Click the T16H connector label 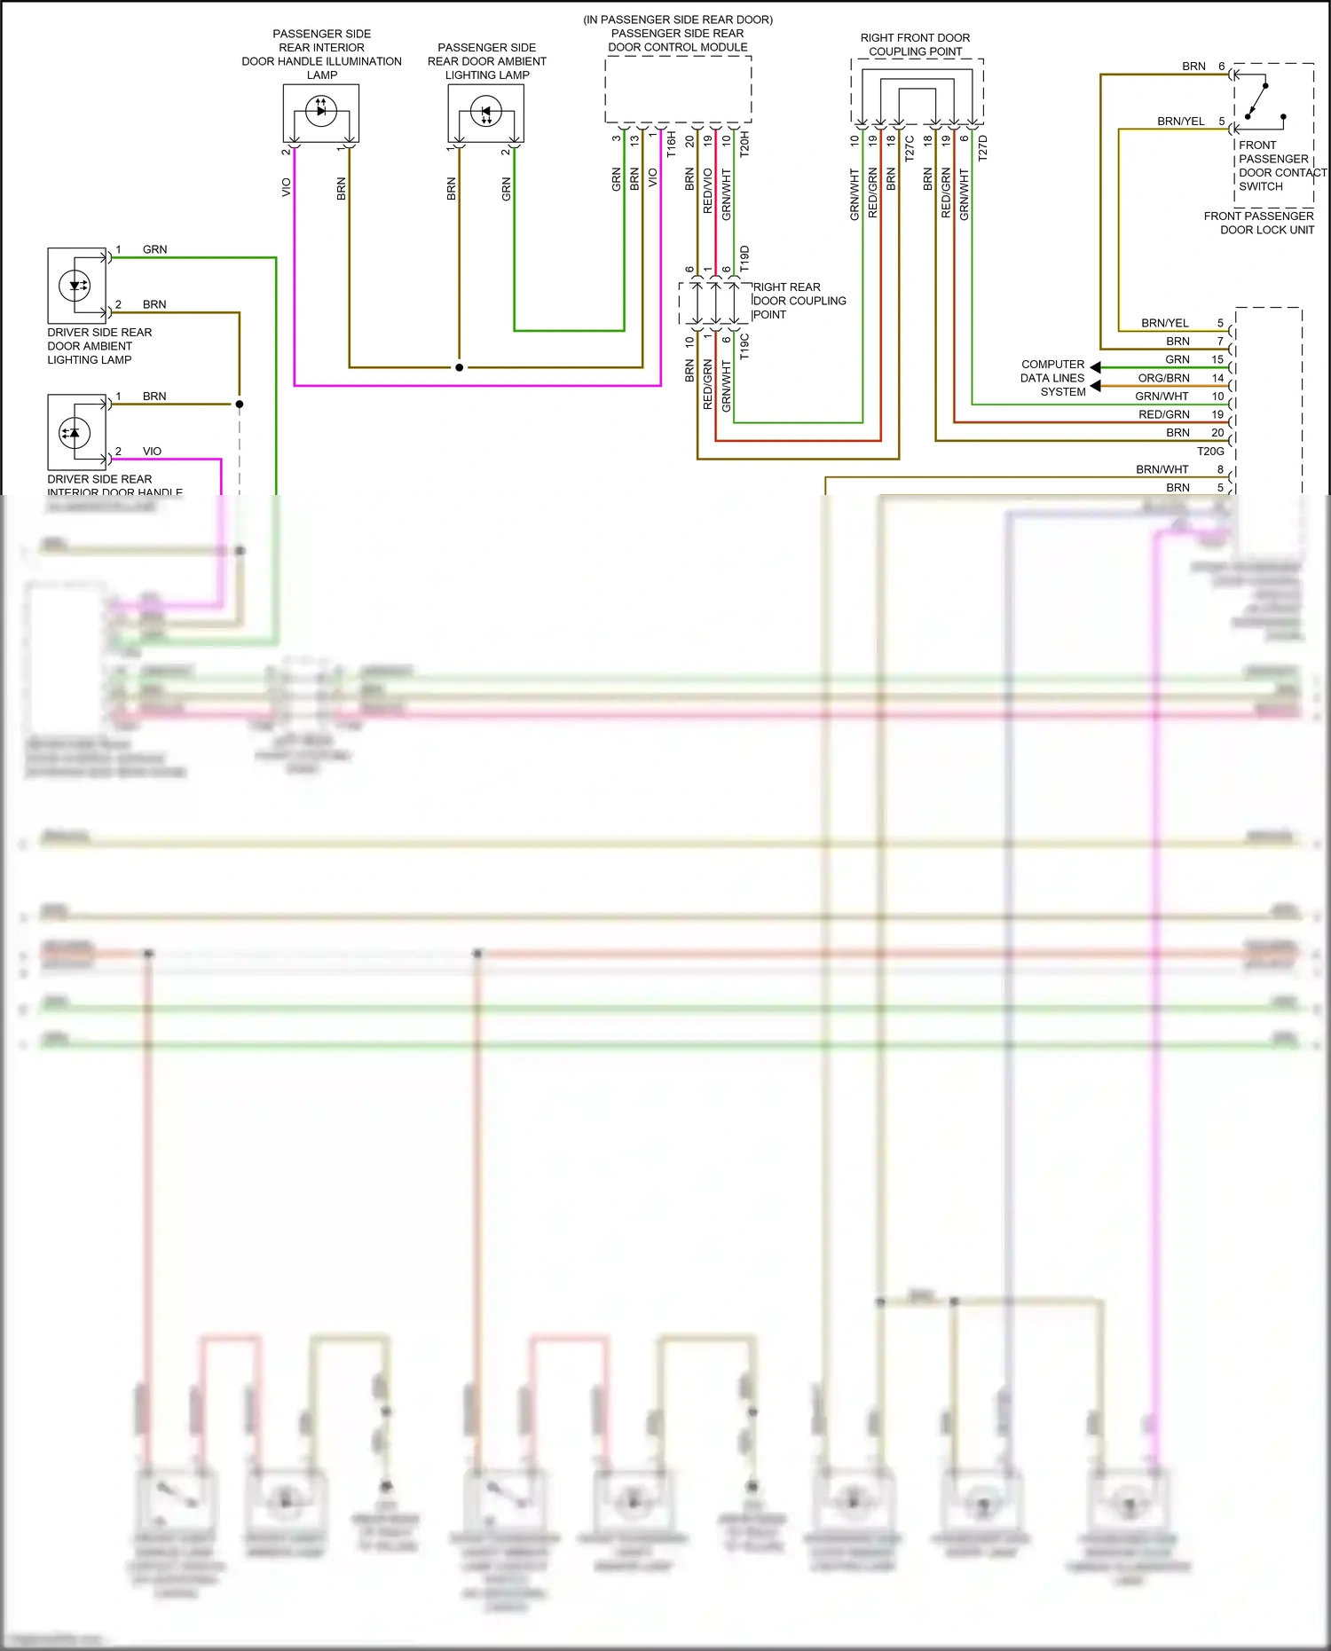(x=671, y=144)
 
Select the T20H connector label (x=744, y=144)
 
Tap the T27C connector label (x=910, y=147)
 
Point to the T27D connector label (x=982, y=147)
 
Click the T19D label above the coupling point (x=744, y=258)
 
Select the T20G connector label (x=1210, y=451)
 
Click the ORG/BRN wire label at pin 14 (x=1163, y=378)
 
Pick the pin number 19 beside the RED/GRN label (x=1217, y=414)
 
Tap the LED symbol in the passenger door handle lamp (x=320, y=111)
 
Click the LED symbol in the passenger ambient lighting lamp (x=485, y=113)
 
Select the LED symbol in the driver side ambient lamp (x=75, y=285)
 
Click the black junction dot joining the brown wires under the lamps (x=459, y=367)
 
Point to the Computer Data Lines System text (x=1052, y=378)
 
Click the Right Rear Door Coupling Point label (x=799, y=301)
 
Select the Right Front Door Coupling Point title (x=915, y=44)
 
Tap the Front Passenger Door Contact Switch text (x=1282, y=166)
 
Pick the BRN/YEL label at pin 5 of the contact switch (x=1180, y=122)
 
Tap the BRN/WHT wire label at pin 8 (x=1162, y=469)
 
